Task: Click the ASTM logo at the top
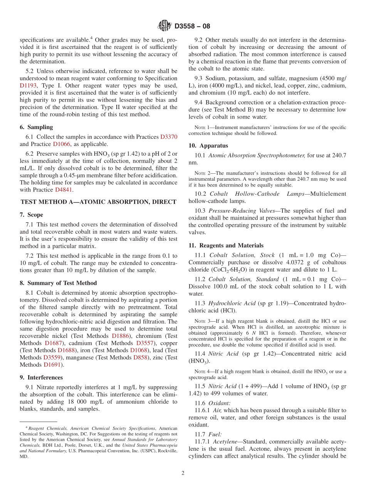click(x=165, y=26)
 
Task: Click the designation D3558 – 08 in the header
click(x=192, y=26)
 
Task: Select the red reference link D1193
click(x=28, y=86)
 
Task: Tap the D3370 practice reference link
click(x=169, y=137)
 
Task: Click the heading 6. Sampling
click(x=36, y=127)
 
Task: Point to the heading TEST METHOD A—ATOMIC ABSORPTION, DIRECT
click(x=99, y=202)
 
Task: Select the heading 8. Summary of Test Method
click(x=58, y=283)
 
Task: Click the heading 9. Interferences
click(x=41, y=378)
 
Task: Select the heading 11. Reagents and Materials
click(x=226, y=245)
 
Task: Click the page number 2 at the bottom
click(x=183, y=473)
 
